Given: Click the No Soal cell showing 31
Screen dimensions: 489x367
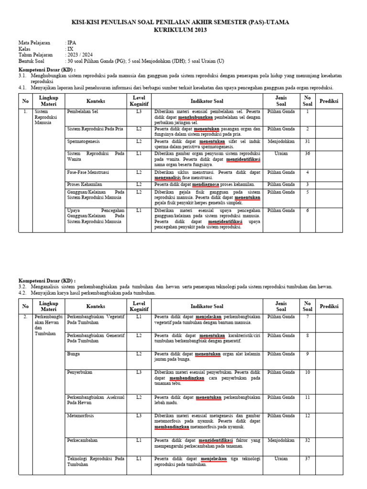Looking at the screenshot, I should pos(307,141).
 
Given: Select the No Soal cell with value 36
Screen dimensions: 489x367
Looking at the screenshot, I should pos(307,154).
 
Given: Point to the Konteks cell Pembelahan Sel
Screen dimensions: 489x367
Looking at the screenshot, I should pos(83,112).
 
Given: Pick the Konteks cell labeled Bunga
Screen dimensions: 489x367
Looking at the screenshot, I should pos(74,354).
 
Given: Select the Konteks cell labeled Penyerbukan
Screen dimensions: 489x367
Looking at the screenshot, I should pos(80,372).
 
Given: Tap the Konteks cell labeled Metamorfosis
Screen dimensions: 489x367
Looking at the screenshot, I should pos(81,416).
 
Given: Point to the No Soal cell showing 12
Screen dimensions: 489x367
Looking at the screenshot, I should pos(307,416).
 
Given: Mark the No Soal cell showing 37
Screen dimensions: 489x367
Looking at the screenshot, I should pos(307,458).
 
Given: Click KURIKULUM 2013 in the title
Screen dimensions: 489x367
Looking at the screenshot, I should pos(180,30).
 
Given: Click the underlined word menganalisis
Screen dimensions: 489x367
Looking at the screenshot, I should pos(170,178).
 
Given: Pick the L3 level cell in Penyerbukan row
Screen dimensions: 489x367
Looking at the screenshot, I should pos(139,372).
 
